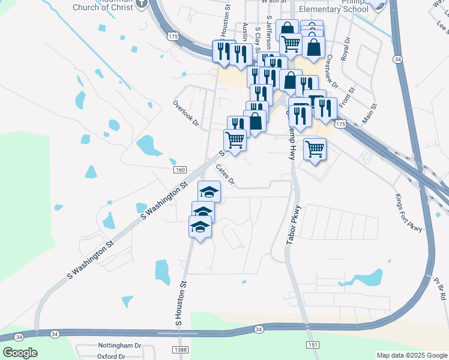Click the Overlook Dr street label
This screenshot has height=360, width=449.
click(185, 113)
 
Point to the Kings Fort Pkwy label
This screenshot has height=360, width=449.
click(409, 212)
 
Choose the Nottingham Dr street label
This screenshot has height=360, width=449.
click(119, 346)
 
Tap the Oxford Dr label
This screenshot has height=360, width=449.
click(112, 356)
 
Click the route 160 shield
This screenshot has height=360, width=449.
click(180, 170)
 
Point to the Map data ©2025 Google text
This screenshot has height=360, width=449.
click(412, 355)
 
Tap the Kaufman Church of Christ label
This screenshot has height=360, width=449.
click(104, 5)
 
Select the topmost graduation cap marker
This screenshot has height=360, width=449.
click(209, 192)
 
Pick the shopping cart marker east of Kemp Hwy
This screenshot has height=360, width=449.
click(315, 149)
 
